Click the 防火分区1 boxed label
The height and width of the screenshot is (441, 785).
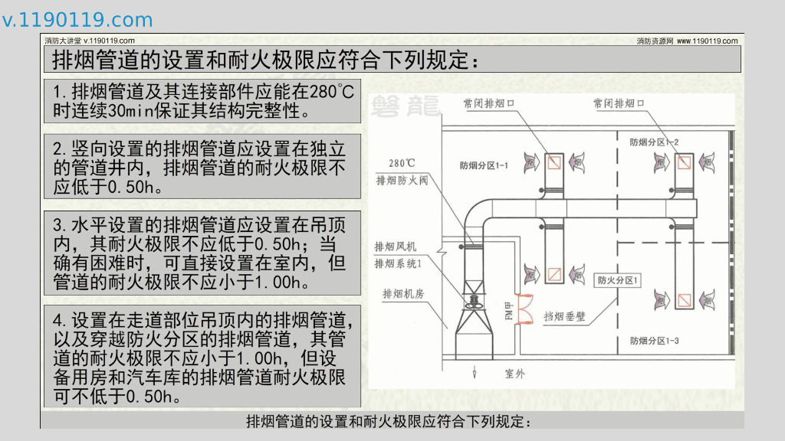coord(618,280)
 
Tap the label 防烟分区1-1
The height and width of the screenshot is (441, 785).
coord(484,165)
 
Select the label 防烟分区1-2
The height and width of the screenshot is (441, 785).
coord(654,142)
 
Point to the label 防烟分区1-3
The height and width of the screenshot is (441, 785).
coord(654,340)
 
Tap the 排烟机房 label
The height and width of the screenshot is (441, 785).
coord(403,293)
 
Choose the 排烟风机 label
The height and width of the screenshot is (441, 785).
coord(395,247)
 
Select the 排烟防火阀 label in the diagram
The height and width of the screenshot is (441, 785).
coord(402,181)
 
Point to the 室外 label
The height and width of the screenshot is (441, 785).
coord(514,374)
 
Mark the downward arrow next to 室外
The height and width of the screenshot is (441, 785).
coord(475,373)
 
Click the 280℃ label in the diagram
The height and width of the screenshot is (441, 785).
coord(402,163)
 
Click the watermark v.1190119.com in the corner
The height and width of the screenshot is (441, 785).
coord(77,20)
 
